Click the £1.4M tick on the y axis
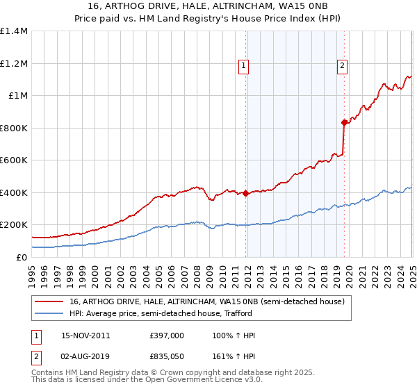pos(14,31)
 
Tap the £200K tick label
pos(14,225)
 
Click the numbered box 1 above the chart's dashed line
pos(244,67)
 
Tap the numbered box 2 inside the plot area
pos(343,67)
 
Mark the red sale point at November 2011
pos(246,194)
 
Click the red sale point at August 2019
pos(344,122)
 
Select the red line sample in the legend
pos(49,301)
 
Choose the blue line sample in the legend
pos(49,314)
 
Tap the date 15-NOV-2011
pos(85,336)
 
